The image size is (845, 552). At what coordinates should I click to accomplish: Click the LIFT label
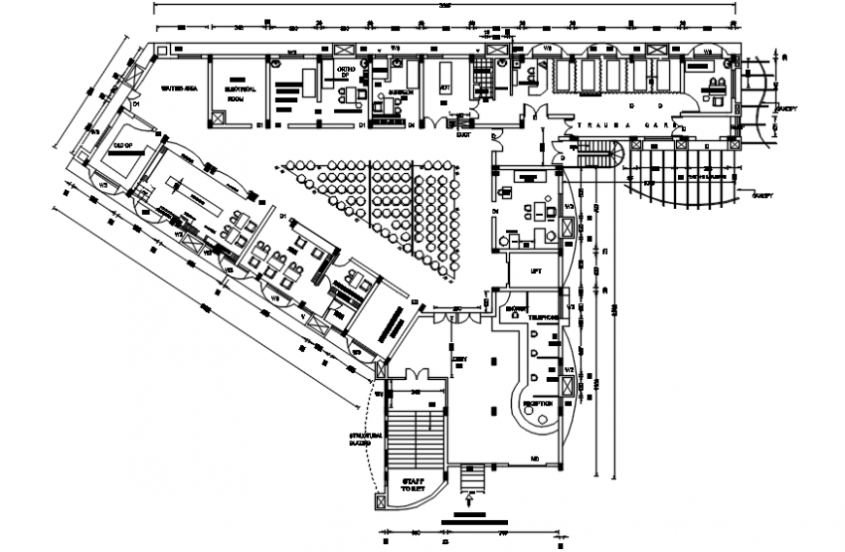(x=533, y=271)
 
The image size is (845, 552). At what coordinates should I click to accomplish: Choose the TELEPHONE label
(x=543, y=317)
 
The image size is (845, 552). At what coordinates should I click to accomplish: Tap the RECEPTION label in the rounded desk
(x=538, y=403)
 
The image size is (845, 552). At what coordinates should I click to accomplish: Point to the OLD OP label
(x=122, y=145)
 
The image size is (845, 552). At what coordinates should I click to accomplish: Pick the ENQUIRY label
(x=513, y=310)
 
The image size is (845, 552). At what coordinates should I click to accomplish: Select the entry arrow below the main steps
(x=471, y=502)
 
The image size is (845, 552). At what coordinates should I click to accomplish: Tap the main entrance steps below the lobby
(x=472, y=479)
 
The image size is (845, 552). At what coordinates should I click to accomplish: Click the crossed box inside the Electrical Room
(x=218, y=118)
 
